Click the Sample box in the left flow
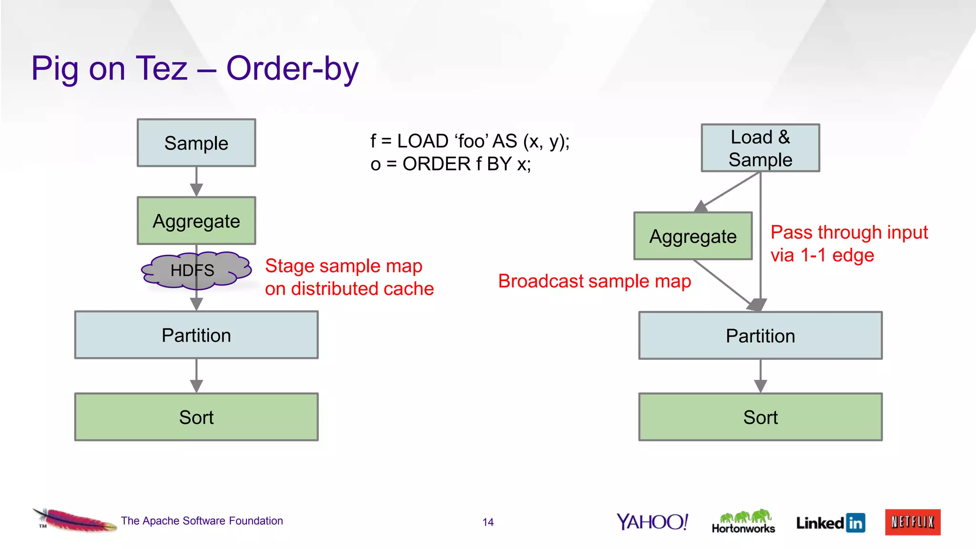pyautogui.click(x=196, y=143)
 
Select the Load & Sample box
pyautogui.click(x=760, y=148)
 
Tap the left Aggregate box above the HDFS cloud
pyautogui.click(x=196, y=221)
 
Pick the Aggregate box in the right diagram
pyautogui.click(x=693, y=236)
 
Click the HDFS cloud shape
pyautogui.click(x=196, y=271)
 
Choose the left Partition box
pyautogui.click(x=196, y=335)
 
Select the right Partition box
pyautogui.click(x=760, y=335)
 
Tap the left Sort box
pyautogui.click(x=196, y=417)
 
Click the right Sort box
pyautogui.click(x=760, y=417)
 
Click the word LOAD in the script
pyautogui.click(x=423, y=141)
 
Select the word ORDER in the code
pyautogui.click(x=437, y=164)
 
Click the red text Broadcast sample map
pyautogui.click(x=594, y=281)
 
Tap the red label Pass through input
pyautogui.click(x=849, y=233)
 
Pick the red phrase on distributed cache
pyautogui.click(x=349, y=289)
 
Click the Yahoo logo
pyautogui.click(x=652, y=522)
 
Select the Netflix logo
pyautogui.click(x=913, y=522)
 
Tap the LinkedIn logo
pyautogui.click(x=831, y=523)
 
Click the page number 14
pyautogui.click(x=488, y=522)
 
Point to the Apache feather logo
pyautogui.click(x=75, y=520)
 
